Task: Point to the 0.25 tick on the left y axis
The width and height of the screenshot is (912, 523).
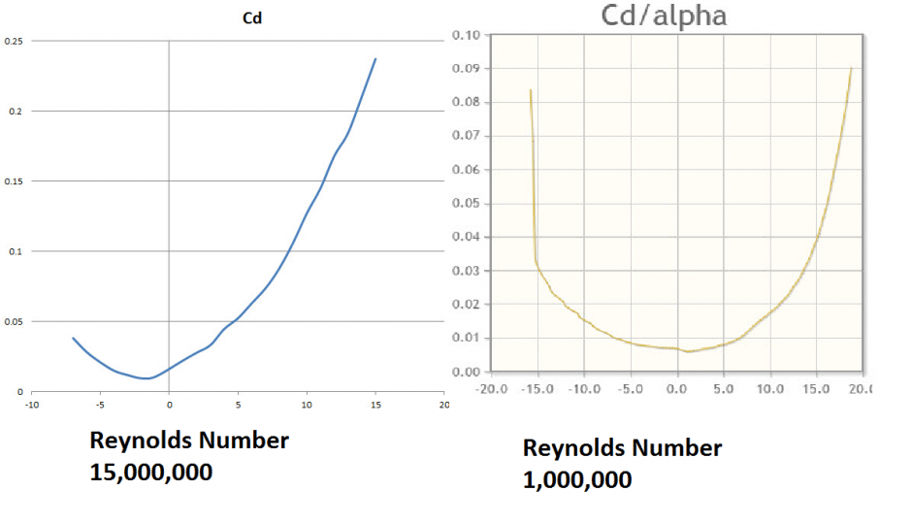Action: pos(13,41)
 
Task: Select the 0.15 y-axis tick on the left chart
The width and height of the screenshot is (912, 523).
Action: pos(13,181)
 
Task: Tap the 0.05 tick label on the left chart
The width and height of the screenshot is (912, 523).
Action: pos(13,321)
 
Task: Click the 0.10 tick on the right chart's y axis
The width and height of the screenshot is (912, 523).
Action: pos(467,35)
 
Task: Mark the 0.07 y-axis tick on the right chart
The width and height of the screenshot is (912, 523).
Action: pos(467,136)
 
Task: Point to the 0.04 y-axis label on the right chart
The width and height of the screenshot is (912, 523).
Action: pos(467,237)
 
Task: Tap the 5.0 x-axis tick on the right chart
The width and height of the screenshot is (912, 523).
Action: pos(724,388)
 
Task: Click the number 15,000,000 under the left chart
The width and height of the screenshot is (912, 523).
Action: pos(151,473)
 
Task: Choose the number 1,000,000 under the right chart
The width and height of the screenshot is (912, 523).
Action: pos(577,479)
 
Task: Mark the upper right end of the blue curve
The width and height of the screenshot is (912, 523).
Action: pos(375,58)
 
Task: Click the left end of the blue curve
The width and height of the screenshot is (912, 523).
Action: pos(73,338)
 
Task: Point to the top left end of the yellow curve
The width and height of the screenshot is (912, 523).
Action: pos(531,90)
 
